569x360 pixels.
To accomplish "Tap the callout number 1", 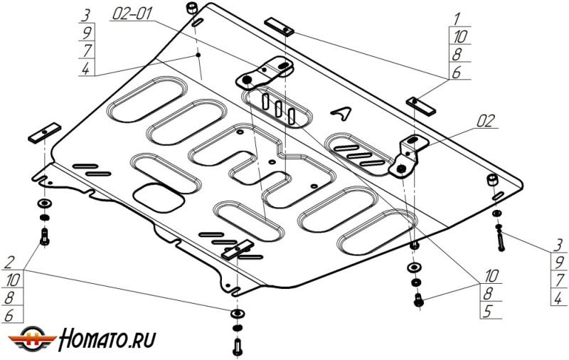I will coord(455,18).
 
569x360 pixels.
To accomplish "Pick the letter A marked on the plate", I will coord(343,113).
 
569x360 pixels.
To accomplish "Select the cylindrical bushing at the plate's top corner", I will coord(193,11).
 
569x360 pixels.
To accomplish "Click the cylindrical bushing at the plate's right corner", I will coord(492,180).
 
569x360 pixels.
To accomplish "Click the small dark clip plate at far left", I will coord(43,134).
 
